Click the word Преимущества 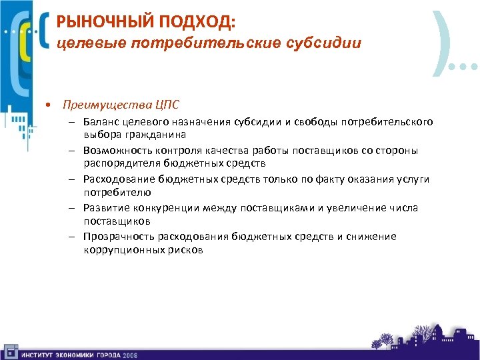[105, 105]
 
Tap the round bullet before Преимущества [49, 105]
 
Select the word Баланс [101, 122]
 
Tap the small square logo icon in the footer [10, 351]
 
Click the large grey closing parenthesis [441, 41]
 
